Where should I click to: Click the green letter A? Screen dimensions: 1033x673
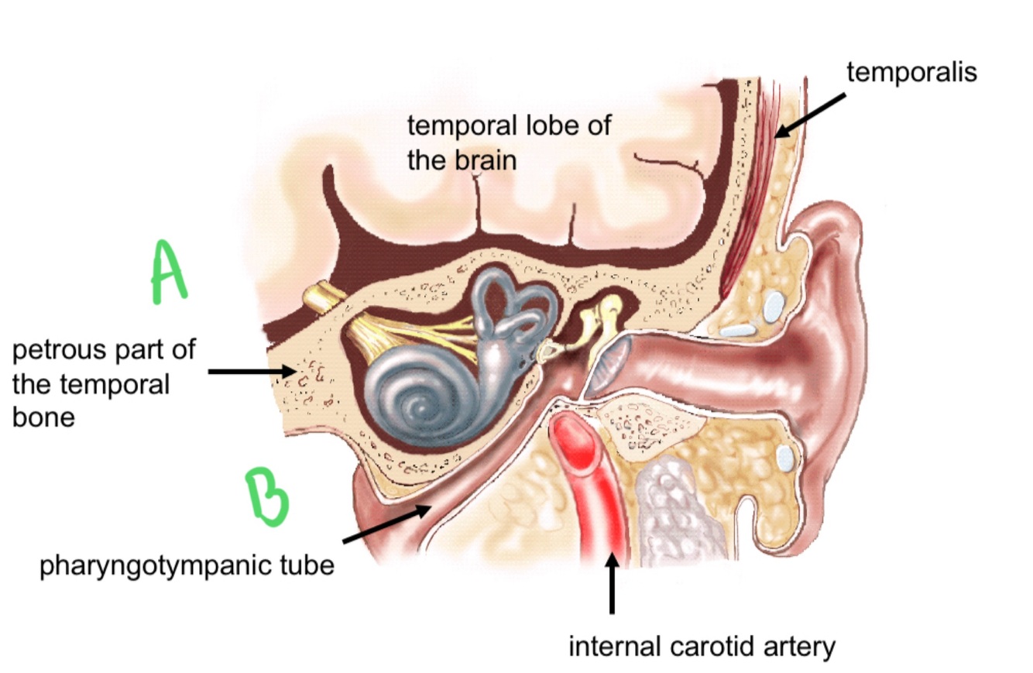click(x=168, y=271)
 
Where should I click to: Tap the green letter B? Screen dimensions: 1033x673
click(x=267, y=496)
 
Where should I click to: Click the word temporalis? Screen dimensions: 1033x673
click(x=911, y=72)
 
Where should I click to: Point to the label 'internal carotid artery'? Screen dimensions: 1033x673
click(x=702, y=645)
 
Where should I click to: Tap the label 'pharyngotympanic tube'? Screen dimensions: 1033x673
click(x=187, y=565)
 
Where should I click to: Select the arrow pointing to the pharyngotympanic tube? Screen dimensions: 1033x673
click(x=387, y=524)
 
